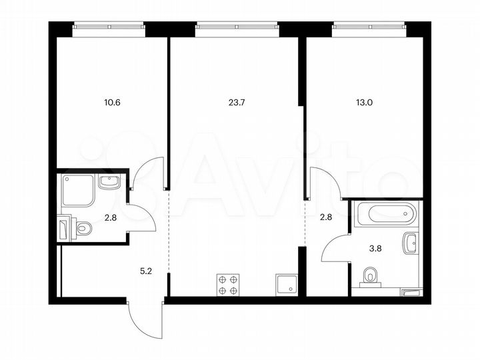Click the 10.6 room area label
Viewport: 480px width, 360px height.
[x=113, y=103]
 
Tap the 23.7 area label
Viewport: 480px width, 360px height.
[x=237, y=103]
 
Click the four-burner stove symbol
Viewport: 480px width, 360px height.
[x=228, y=285]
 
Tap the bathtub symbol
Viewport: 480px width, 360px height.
[x=386, y=215]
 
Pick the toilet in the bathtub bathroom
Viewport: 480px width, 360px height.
[x=371, y=276]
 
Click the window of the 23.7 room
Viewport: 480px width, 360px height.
[x=237, y=27]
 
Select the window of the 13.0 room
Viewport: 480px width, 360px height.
[x=369, y=27]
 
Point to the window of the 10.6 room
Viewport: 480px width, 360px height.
[x=108, y=27]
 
